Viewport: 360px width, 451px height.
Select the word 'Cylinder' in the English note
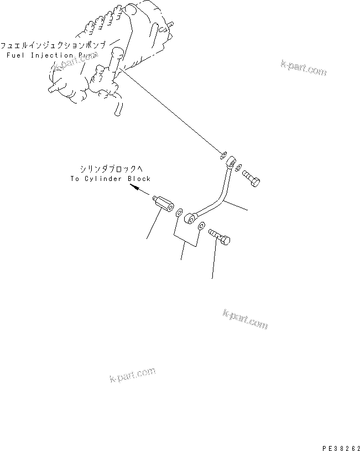(106, 179)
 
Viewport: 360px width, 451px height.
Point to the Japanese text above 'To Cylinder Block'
(110, 169)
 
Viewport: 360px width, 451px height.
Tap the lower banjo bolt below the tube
(221, 239)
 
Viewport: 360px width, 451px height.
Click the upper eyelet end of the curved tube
(229, 160)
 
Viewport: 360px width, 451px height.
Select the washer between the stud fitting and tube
(179, 212)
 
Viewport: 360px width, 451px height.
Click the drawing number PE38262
(338, 445)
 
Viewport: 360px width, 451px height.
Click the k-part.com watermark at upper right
(304, 68)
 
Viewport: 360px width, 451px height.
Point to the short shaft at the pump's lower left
(55, 88)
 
